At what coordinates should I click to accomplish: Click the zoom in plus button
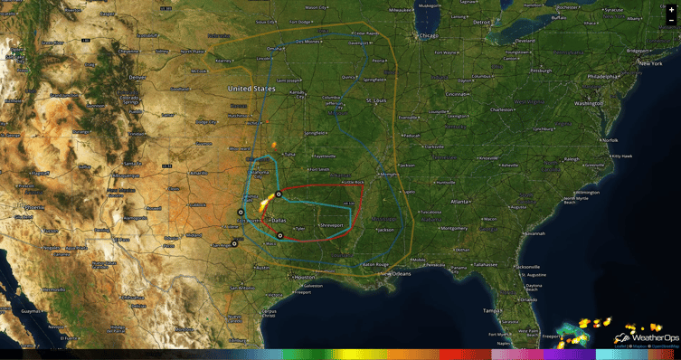(671, 9)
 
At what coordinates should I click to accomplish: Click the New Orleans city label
(396, 273)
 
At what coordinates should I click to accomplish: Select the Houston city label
(307, 277)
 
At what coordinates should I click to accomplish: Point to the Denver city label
(137, 78)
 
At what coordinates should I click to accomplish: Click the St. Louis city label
(376, 101)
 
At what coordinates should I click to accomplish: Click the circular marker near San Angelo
(234, 242)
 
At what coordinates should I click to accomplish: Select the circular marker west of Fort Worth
(240, 213)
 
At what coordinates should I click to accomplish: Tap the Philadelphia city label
(604, 77)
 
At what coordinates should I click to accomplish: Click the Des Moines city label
(305, 41)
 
